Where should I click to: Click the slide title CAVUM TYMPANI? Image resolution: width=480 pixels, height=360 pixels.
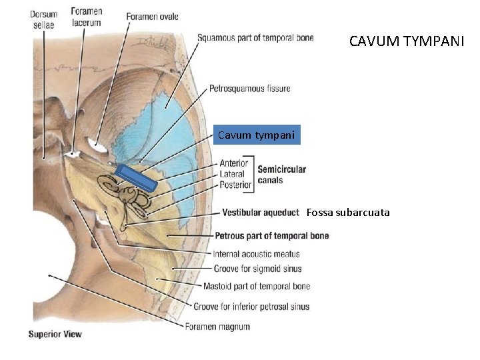407,41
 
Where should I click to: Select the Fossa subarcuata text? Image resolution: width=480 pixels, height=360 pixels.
348,213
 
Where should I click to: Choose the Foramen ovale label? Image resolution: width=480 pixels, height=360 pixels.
152,17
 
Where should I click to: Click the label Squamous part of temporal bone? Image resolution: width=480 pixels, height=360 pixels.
255,38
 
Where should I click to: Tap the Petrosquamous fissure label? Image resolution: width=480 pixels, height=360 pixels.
249,88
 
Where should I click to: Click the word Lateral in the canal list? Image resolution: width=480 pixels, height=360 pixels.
232,173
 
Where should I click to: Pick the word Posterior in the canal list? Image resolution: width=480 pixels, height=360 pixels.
235,184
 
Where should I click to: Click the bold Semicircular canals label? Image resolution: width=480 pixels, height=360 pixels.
281,174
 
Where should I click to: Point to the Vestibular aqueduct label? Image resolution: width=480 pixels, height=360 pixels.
260,213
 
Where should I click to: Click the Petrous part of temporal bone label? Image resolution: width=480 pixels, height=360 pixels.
271,235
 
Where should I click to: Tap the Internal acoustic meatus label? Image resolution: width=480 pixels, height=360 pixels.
256,253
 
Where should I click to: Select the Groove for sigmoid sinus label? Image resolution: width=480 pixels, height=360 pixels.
257,269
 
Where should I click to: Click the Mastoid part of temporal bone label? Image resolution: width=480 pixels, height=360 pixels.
262,287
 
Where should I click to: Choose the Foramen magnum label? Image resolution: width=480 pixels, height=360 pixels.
217,326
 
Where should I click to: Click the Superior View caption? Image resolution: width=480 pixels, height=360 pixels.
55,334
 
